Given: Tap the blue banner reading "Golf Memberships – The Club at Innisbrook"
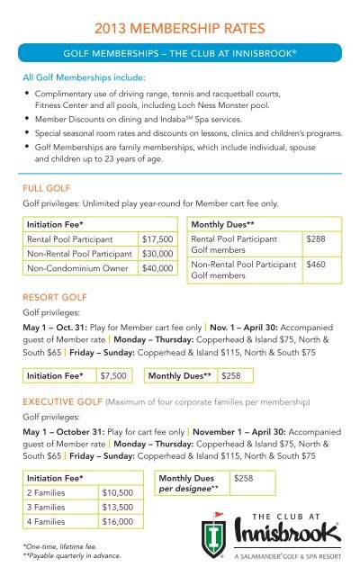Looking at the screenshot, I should pos(180,52).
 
